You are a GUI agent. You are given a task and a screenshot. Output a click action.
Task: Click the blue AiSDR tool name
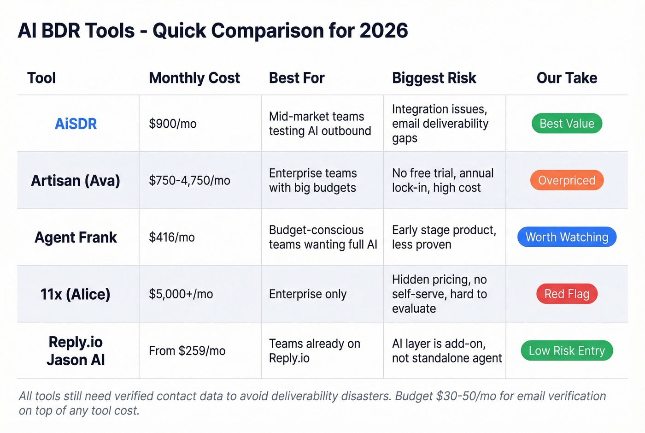point(76,124)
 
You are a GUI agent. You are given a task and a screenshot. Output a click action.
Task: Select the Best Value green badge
point(567,124)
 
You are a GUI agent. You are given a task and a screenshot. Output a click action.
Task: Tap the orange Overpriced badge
point(567,180)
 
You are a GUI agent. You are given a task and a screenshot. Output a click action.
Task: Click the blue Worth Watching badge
point(567,237)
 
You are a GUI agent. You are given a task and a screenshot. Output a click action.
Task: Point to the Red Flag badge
point(567,294)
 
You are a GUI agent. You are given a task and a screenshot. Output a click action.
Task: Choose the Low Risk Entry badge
point(567,350)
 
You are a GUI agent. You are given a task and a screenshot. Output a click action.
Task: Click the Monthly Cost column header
point(194,78)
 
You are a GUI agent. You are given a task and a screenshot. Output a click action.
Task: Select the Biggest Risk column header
point(434,78)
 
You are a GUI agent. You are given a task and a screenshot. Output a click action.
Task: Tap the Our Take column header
point(567,78)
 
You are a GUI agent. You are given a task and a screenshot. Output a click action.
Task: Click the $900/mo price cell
point(173,124)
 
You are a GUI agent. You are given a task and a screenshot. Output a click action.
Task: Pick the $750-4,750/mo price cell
point(189,180)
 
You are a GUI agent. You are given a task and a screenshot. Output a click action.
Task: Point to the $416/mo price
point(172,237)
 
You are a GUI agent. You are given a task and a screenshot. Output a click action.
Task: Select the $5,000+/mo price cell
point(181,294)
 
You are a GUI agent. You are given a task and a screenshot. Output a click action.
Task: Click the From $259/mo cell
point(187,351)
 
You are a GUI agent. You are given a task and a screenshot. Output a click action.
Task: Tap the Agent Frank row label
point(76,237)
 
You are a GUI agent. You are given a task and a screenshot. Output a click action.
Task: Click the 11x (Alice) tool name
point(76,294)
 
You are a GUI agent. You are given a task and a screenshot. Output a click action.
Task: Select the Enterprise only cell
point(308,294)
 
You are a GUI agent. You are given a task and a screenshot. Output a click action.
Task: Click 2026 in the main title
point(383,31)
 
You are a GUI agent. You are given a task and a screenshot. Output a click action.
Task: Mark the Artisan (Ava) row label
point(76,180)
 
